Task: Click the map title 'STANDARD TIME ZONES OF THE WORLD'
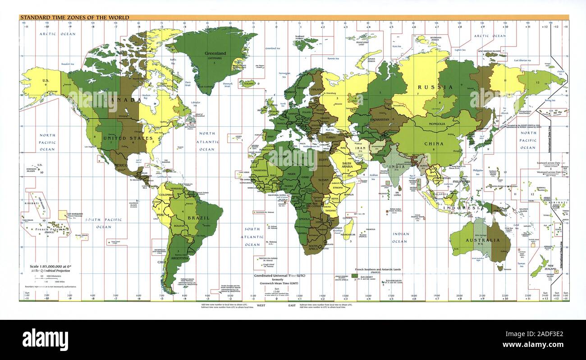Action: [74, 18]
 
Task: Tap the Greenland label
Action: [215, 53]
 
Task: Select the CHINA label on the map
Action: [433, 144]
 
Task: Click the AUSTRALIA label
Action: [483, 240]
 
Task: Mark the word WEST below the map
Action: [261, 305]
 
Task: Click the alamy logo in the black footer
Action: [45, 339]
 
